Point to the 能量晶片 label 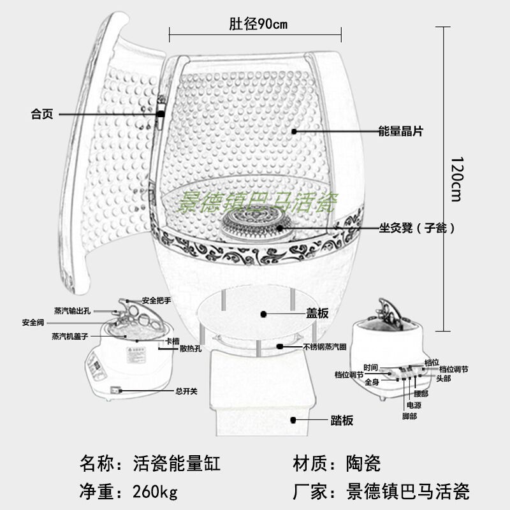point(400,131)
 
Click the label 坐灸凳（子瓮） point(417,228)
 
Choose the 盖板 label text point(317,314)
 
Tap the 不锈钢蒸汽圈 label point(324,347)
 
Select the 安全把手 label point(157,300)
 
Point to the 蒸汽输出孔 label point(72,311)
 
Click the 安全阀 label point(33,322)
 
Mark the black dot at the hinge point(160,114)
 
